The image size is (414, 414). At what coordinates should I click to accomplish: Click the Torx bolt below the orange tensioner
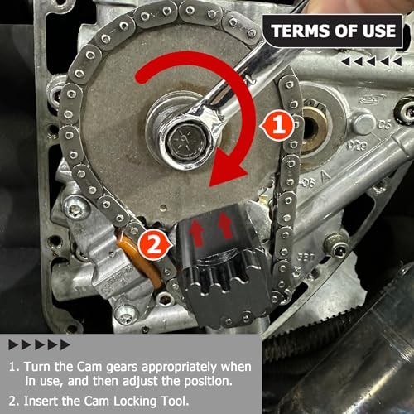(x=127, y=313)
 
